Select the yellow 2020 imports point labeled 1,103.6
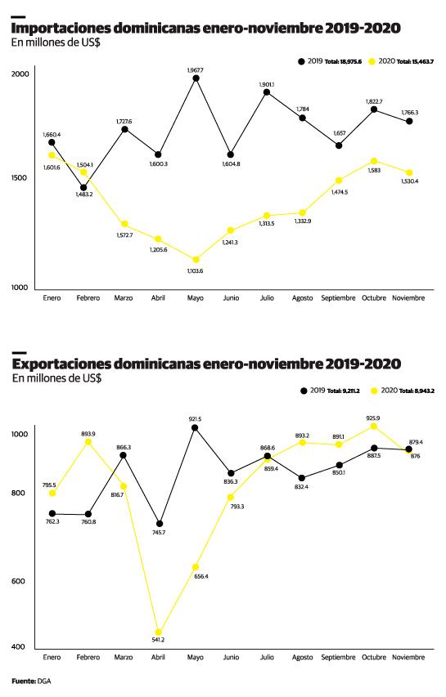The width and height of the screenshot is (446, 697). tap(195, 260)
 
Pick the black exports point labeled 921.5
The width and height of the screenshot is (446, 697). tap(195, 427)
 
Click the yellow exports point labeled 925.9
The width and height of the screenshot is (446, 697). tap(374, 426)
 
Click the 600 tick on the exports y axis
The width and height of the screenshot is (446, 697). tap(22, 581)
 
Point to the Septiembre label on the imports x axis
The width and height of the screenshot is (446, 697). tap(338, 298)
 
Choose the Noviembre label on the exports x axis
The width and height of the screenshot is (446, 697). tap(409, 657)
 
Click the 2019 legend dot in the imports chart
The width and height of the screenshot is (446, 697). tap(300, 61)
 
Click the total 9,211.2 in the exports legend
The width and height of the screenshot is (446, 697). tap(344, 392)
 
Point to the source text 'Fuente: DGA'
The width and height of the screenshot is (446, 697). tap(31, 680)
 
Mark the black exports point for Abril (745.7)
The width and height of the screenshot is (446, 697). tap(159, 523)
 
